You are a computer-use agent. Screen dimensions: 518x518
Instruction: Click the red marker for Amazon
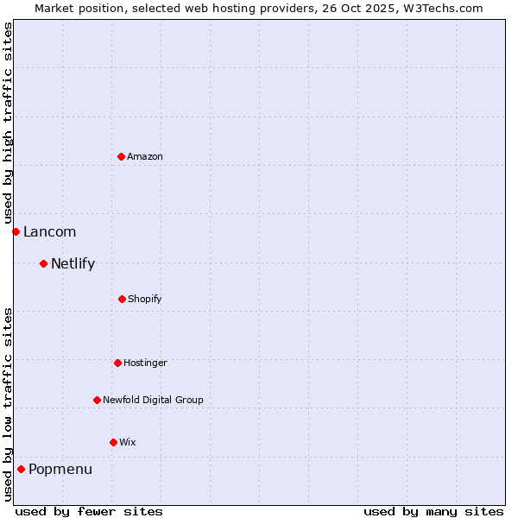(x=121, y=156)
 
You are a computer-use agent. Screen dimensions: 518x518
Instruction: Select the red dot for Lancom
(x=16, y=231)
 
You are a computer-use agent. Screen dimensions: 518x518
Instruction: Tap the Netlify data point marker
(x=43, y=263)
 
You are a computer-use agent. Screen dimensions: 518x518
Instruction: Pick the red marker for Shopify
(x=122, y=299)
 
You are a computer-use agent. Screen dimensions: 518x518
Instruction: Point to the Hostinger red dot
(x=117, y=363)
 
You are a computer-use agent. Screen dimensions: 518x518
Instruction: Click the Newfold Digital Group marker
(x=97, y=400)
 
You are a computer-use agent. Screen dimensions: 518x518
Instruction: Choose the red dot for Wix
(x=113, y=442)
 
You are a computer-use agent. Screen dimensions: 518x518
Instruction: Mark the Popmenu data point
(x=21, y=469)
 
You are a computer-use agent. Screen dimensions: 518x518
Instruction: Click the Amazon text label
(x=145, y=156)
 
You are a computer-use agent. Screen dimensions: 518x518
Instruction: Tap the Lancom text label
(x=49, y=231)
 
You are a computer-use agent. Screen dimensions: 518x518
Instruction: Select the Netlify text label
(x=73, y=263)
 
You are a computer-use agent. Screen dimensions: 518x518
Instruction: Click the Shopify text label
(x=144, y=299)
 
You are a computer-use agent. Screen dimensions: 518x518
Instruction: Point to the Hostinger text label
(x=145, y=363)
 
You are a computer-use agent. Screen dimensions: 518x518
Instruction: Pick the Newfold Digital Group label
(x=153, y=400)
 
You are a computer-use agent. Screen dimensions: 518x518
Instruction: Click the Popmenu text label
(x=60, y=469)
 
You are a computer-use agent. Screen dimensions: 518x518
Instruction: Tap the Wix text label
(x=127, y=442)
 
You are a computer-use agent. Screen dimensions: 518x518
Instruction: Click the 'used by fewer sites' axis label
(x=89, y=511)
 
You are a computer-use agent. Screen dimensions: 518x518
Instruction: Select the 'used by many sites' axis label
(x=433, y=511)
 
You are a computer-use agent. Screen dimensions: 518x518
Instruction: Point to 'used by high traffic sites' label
(x=8, y=123)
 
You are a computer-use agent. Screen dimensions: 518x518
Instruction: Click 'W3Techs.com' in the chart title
(x=442, y=8)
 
